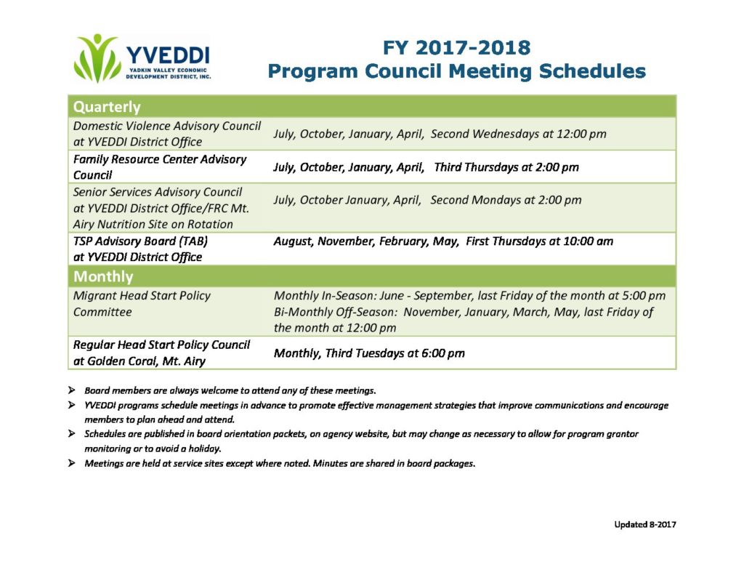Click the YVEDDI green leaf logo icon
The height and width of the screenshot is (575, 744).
pos(97,58)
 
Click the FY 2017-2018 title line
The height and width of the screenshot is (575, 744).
pos(456,48)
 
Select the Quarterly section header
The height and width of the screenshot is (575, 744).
pos(107,107)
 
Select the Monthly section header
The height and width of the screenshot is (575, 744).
pos(103,276)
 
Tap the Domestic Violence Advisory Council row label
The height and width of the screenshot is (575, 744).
pos(166,134)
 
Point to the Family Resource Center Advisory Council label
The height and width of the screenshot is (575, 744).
pos(159,167)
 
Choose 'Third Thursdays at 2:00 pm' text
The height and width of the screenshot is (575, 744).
pos(506,167)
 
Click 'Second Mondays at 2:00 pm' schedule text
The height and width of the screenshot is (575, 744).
pos(506,200)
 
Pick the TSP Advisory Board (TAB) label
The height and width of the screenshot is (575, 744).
pos(140,241)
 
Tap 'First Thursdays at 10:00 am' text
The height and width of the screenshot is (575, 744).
pos(540,241)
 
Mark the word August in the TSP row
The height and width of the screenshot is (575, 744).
pos(293,241)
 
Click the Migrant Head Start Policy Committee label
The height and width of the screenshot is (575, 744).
pos(142,304)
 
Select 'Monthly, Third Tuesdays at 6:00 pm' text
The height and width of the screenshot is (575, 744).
pos(369,353)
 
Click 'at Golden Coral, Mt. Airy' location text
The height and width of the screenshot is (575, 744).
pos(139,361)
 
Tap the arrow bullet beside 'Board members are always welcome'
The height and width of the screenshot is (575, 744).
pos(72,390)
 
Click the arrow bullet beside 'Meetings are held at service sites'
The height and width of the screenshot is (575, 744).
pos(72,463)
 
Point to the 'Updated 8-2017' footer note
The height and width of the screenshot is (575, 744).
pos(645,525)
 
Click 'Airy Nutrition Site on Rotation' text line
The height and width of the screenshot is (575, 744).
pos(153,225)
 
